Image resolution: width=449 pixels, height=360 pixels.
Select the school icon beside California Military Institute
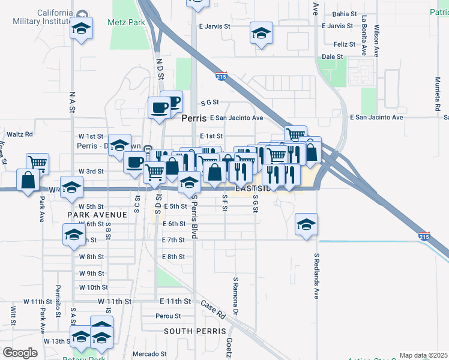pos(81,29)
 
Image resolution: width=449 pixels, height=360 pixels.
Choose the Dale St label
pos(332,56)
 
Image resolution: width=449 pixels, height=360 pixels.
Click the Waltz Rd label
pos(20,134)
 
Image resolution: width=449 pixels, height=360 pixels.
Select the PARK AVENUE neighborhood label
pos(97,215)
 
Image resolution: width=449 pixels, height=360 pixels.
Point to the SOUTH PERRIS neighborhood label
pos(195,331)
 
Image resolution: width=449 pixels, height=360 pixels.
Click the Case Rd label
pos(212,309)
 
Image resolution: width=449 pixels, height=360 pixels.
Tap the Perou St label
pos(168,316)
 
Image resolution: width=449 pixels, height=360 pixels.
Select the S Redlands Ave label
pos(316,275)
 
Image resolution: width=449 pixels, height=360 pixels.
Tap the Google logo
pos(20,353)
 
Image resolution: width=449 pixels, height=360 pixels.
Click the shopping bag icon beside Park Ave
pos(29,179)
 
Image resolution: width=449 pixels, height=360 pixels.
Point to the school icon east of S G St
pos(306,225)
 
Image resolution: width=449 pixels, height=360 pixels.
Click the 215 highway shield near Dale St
pos(221,76)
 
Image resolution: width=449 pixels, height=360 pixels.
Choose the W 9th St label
pos(92,273)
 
